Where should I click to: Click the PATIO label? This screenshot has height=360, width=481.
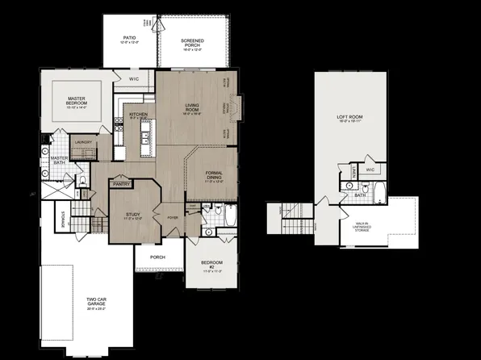(x=128, y=38)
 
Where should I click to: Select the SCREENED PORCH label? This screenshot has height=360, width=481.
(x=193, y=42)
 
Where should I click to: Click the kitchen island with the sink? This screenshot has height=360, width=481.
(x=144, y=138)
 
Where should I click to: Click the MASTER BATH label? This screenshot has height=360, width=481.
(x=57, y=160)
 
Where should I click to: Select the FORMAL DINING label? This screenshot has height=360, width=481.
(x=214, y=175)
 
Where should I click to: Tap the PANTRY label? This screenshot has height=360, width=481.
(x=122, y=183)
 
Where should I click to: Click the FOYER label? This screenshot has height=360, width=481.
(x=172, y=217)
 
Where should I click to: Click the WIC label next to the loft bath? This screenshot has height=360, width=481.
(x=369, y=170)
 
